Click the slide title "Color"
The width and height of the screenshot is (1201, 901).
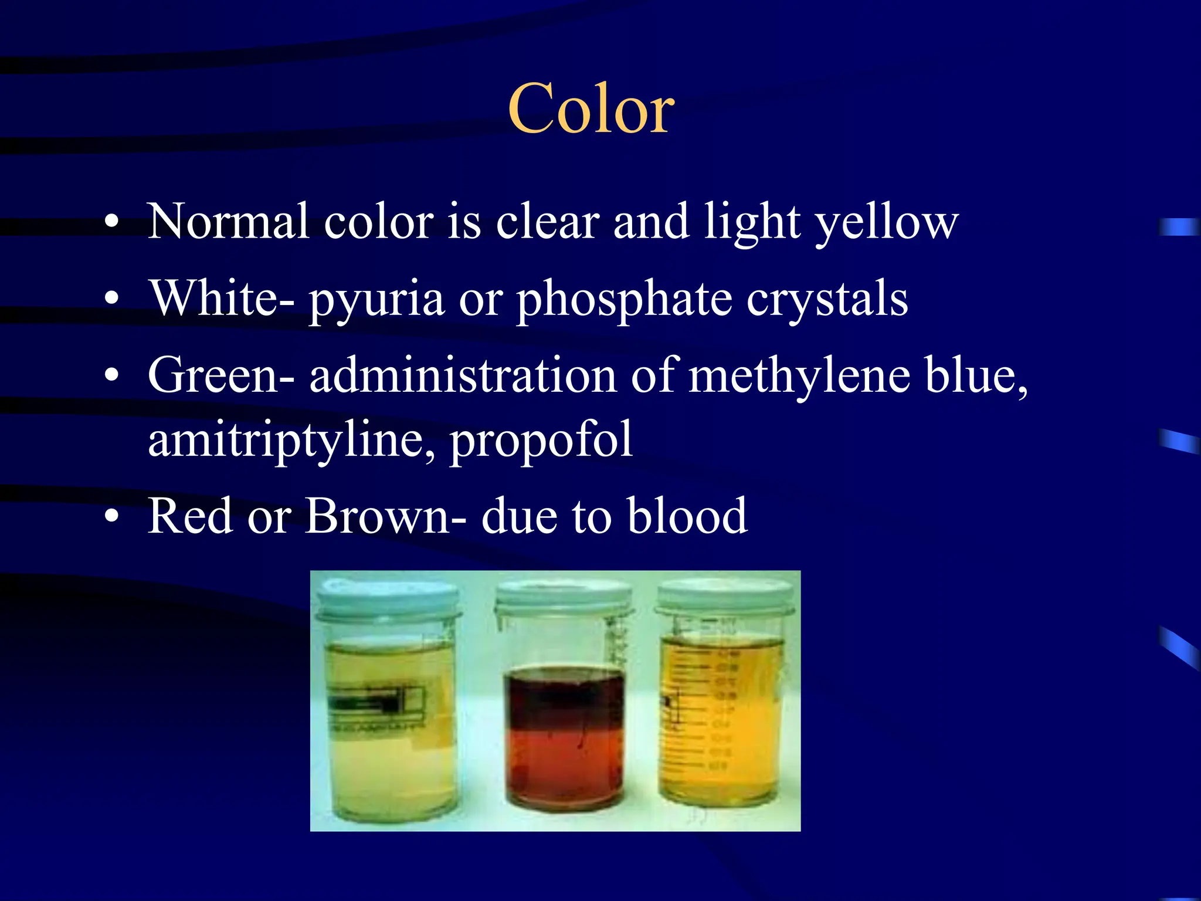[591, 109]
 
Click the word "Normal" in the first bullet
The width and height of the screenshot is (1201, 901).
[228, 222]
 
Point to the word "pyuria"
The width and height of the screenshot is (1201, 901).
[376, 300]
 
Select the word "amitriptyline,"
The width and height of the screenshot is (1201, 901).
[291, 441]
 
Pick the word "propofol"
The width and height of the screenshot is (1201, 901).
[541, 441]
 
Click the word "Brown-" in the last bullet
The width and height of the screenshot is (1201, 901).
[386, 516]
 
